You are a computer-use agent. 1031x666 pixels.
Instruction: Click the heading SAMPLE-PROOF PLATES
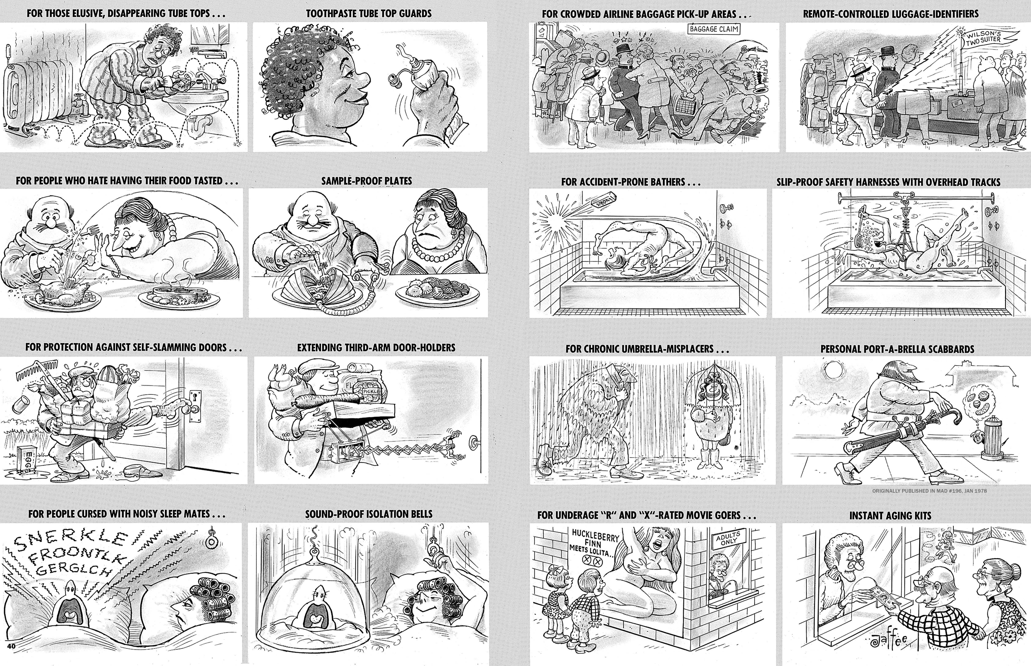366,181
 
